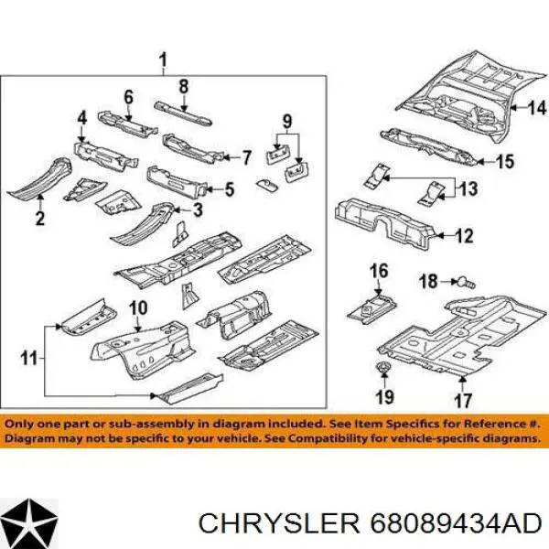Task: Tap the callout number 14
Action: point(537,108)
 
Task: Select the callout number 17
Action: point(463,401)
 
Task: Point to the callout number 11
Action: point(28,358)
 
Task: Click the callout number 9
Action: point(287,122)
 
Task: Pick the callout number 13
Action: point(468,188)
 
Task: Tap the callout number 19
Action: point(384,397)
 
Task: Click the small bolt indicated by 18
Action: point(464,282)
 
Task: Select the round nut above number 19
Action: point(384,368)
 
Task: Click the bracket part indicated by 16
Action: point(371,307)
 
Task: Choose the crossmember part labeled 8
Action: point(183,113)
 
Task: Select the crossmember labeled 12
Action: point(385,223)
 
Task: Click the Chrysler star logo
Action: point(29,522)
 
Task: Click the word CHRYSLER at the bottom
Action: point(279,524)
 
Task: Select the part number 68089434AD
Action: point(456,524)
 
